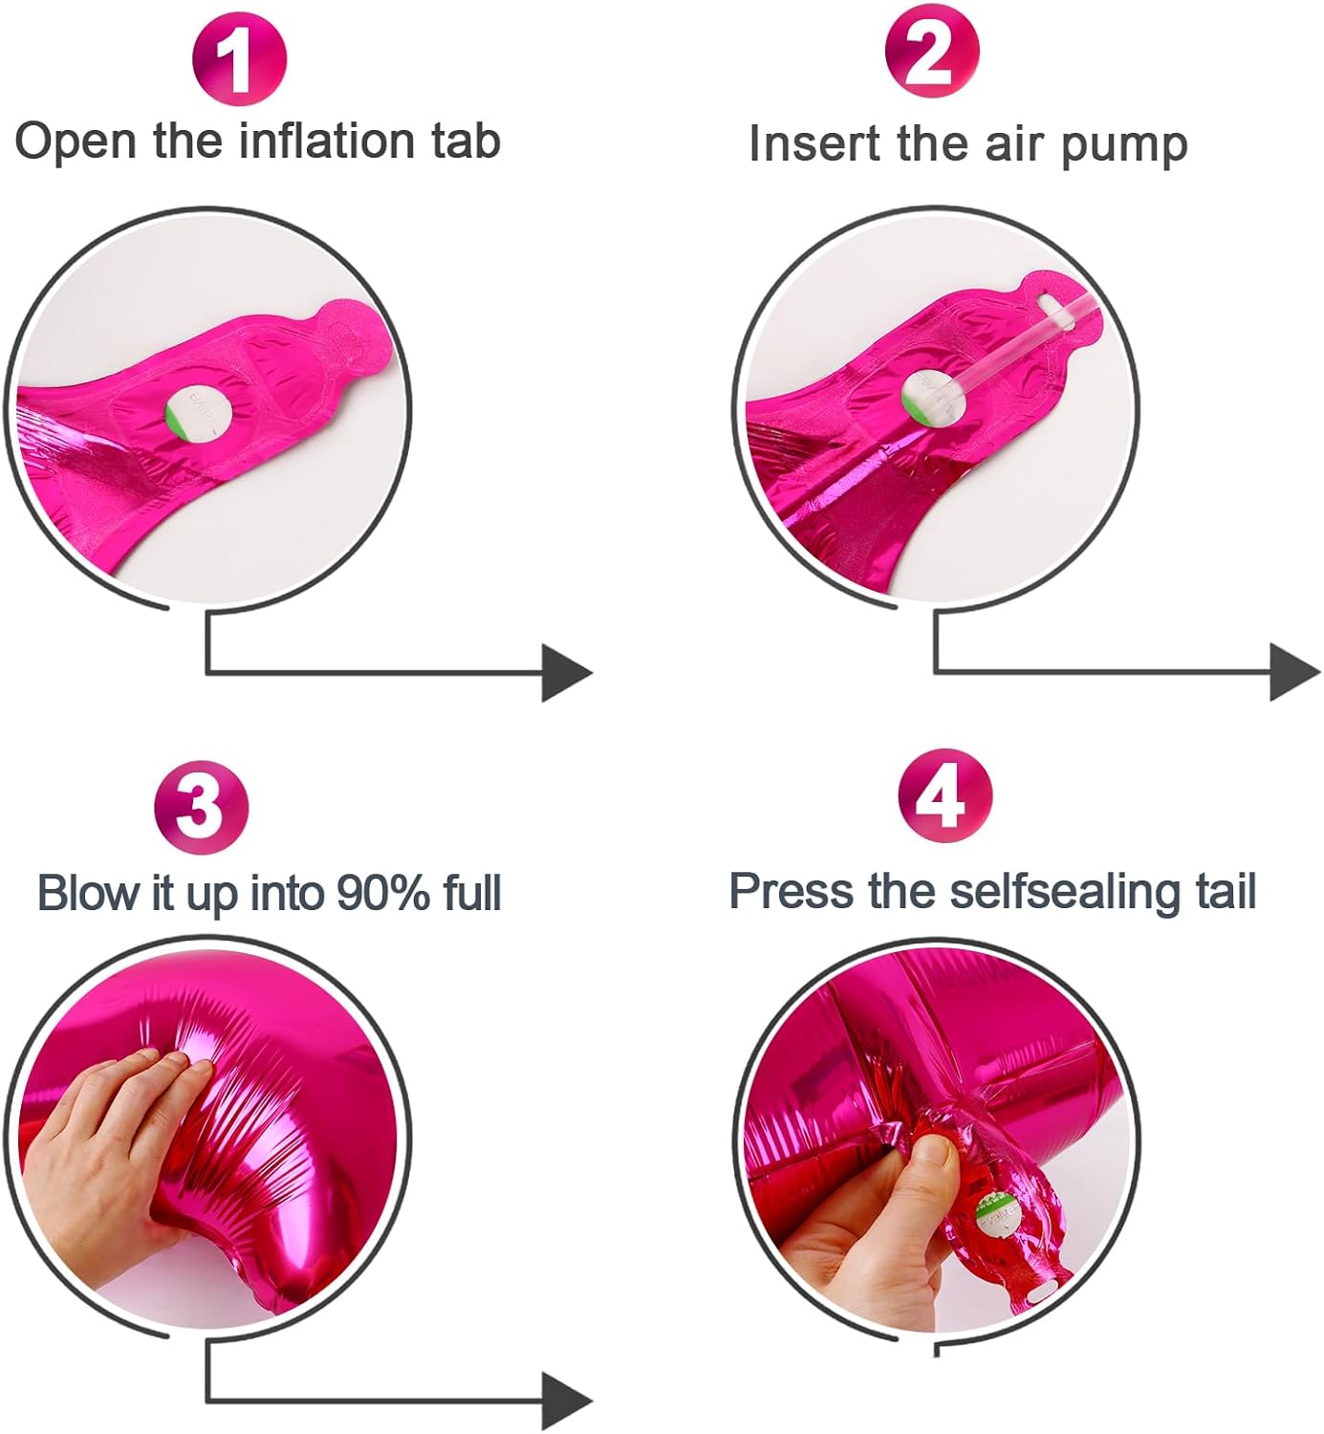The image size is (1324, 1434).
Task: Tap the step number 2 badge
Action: [931, 53]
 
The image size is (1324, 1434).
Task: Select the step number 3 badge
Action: [201, 807]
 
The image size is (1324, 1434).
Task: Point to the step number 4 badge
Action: [944, 795]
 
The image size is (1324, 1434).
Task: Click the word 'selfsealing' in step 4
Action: [1063, 892]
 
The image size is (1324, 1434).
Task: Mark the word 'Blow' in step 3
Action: [87, 894]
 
